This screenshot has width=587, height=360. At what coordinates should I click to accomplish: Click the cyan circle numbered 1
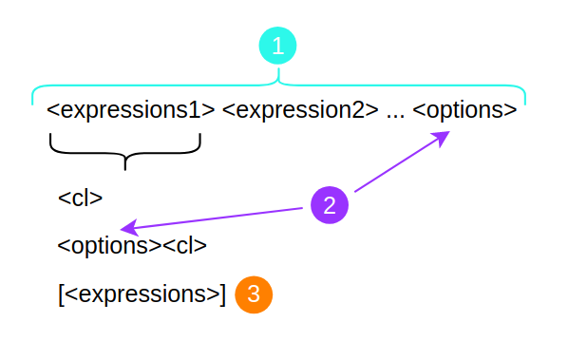coord(277,46)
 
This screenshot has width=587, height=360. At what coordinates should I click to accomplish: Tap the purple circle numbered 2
coord(330,205)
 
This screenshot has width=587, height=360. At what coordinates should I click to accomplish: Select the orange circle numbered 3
coord(254,294)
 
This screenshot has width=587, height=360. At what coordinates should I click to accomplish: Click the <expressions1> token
coord(131,109)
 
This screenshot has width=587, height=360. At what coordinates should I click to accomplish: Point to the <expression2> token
coord(301,109)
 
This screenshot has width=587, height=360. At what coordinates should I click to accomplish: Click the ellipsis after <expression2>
coord(396,112)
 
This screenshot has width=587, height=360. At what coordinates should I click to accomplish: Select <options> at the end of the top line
coord(464,109)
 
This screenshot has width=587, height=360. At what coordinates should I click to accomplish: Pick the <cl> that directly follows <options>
coord(184,246)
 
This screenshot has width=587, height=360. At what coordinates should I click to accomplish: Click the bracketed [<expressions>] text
coord(142,294)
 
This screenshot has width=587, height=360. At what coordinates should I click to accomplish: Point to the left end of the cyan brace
coord(33,98)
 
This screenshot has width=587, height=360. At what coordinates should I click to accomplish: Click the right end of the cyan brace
coord(524,98)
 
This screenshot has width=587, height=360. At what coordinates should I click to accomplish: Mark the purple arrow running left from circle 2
coord(218,218)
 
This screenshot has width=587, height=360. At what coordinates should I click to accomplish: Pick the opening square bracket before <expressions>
coord(61,294)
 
